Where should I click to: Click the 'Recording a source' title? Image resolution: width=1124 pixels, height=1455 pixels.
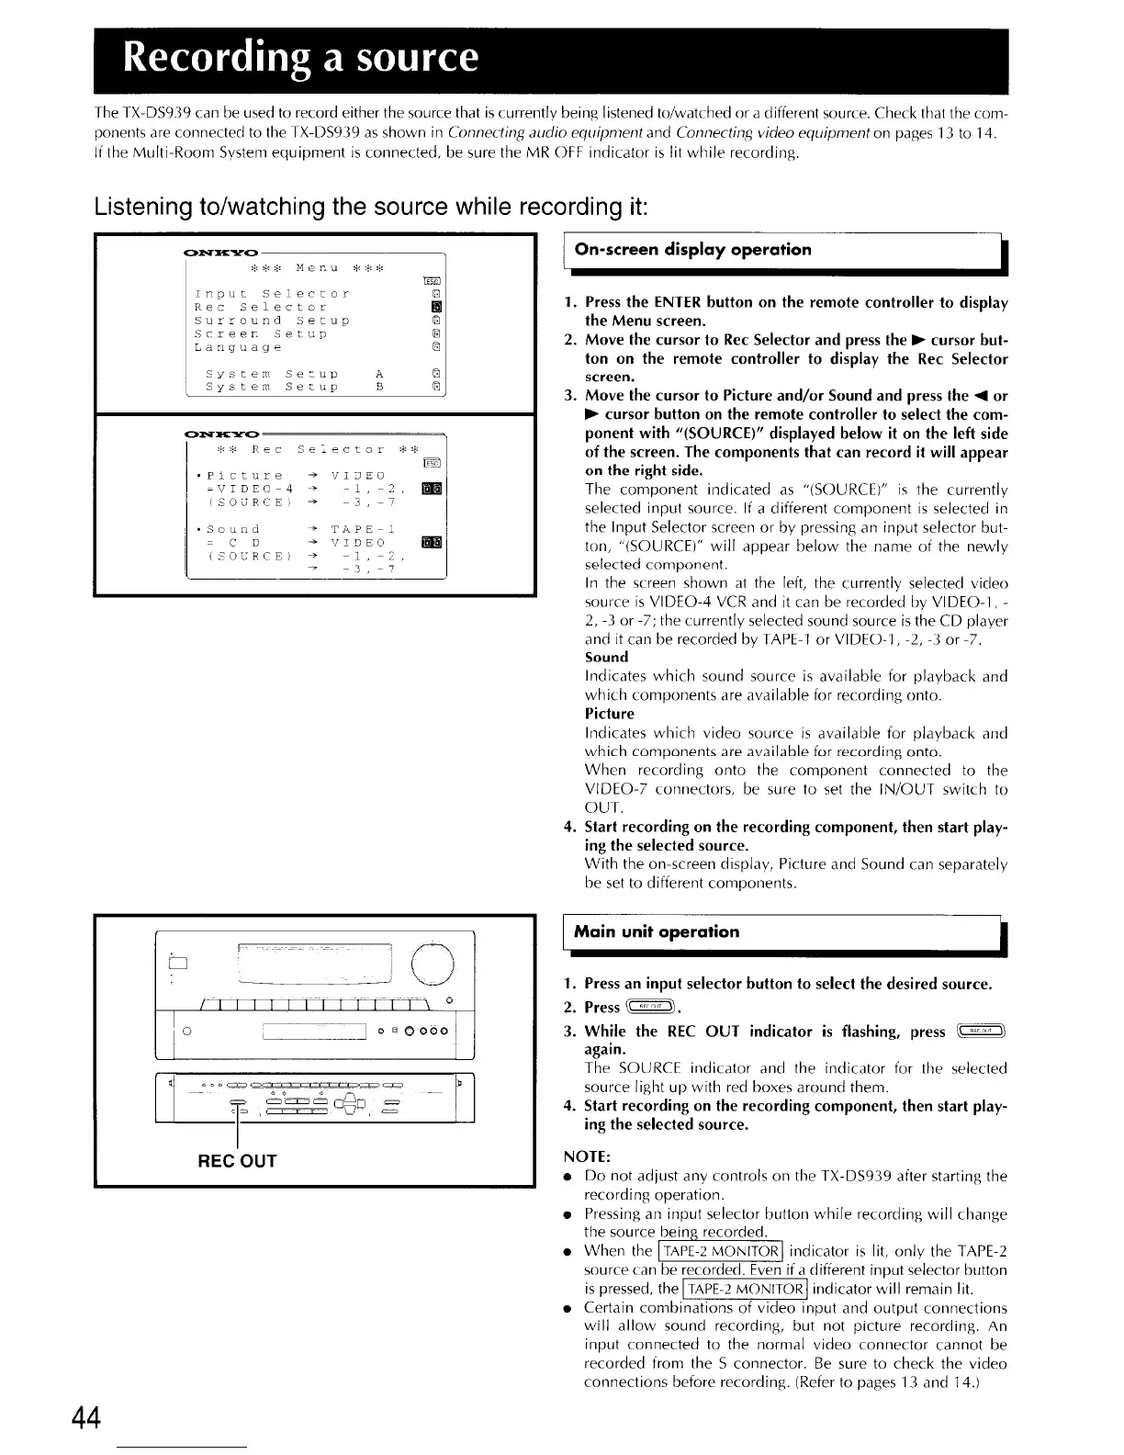click(x=302, y=57)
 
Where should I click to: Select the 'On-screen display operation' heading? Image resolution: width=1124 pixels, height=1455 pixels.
click(x=692, y=250)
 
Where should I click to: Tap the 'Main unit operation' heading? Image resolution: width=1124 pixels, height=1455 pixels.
click(x=656, y=932)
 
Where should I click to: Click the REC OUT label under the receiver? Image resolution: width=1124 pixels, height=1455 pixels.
click(x=237, y=1161)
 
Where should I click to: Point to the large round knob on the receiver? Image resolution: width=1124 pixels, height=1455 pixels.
click(x=432, y=964)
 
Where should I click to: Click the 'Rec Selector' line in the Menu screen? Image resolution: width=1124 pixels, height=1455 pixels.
click(x=261, y=307)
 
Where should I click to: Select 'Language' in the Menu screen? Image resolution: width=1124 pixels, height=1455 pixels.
click(x=239, y=348)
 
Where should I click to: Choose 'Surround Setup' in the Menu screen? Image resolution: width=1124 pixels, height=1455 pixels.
click(x=272, y=321)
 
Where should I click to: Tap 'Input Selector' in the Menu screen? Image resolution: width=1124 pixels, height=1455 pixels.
click(x=272, y=294)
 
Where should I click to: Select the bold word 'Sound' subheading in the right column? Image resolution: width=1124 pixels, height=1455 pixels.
click(x=606, y=657)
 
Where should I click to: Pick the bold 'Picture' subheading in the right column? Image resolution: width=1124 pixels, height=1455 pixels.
click(x=610, y=714)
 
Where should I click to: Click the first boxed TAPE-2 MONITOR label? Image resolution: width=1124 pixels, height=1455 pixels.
click(x=722, y=1251)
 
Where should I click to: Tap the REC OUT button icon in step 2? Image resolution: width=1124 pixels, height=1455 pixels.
click(x=648, y=1007)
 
